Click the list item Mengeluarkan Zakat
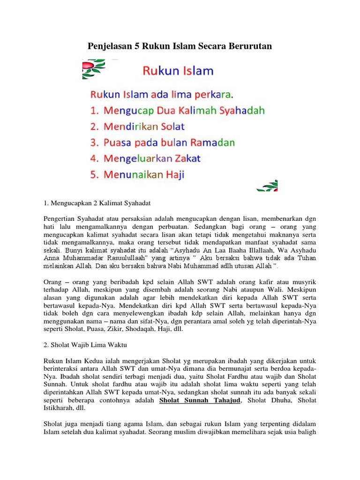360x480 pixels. click(145, 158)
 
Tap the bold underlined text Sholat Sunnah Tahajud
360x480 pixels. click(200, 400)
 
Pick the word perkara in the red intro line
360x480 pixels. click(213, 95)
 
